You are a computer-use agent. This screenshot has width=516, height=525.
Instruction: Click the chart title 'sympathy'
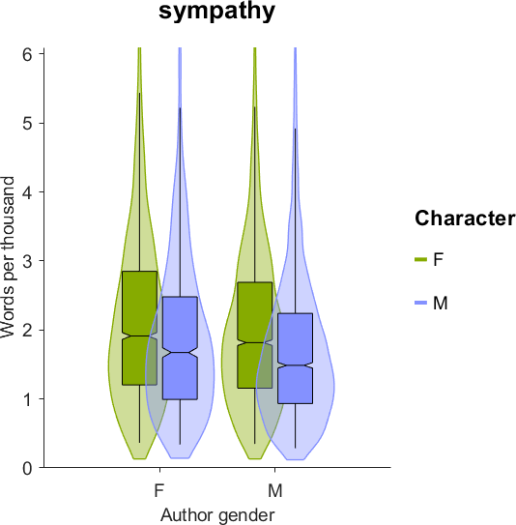[x=216, y=12]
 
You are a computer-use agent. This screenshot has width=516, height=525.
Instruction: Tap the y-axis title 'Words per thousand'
[x=8, y=257]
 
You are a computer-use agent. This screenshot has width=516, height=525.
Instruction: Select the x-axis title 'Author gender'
[x=217, y=514]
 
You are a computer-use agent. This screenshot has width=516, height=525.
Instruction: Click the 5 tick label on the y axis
[x=27, y=123]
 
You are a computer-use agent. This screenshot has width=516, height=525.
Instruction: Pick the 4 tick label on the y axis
[x=27, y=192]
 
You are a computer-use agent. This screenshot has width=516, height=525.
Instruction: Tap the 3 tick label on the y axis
[x=27, y=261]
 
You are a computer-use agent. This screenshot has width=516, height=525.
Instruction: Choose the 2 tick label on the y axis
[x=27, y=330]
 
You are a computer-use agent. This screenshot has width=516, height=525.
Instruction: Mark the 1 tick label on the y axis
[x=27, y=399]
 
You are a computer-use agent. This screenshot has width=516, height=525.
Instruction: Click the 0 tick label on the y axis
[x=27, y=468]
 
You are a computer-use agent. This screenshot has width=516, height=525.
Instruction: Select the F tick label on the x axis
[x=159, y=491]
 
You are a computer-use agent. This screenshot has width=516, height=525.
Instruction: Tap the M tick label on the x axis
[x=275, y=491]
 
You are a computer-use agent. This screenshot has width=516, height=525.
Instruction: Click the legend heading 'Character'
[x=465, y=219]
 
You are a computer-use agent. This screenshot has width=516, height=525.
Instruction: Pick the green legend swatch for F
[x=421, y=259]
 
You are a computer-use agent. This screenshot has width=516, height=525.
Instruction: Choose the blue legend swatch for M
[x=421, y=303]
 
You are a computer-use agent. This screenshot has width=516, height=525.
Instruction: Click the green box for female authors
[x=139, y=328]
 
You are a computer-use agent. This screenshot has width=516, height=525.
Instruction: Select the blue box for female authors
[x=180, y=348]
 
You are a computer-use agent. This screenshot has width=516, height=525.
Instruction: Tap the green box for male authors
[x=255, y=335]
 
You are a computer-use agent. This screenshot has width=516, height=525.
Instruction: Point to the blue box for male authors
[x=295, y=359]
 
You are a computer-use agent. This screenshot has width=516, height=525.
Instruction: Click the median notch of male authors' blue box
[x=295, y=365]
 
